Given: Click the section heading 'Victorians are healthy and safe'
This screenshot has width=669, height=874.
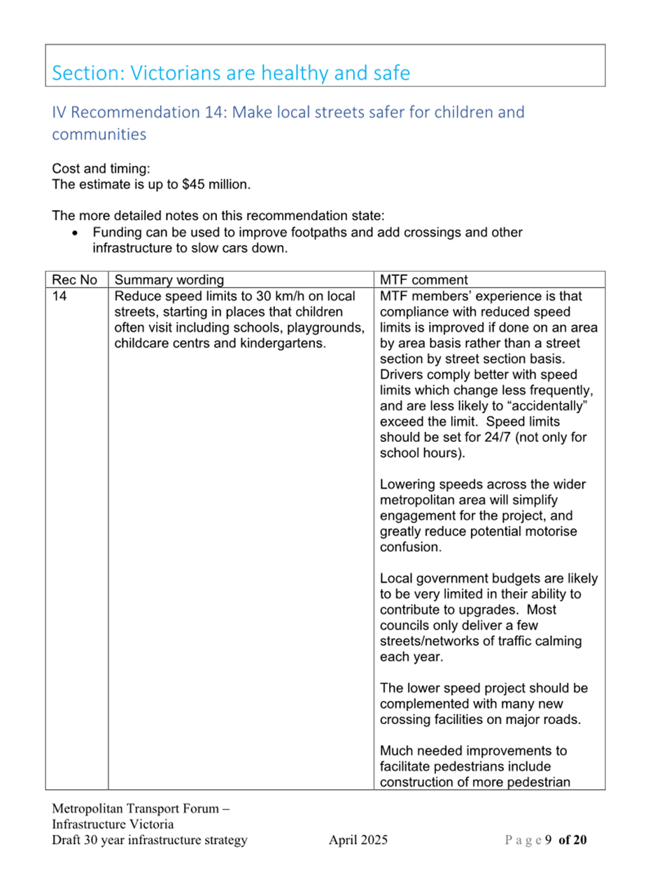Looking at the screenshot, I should (x=270, y=73).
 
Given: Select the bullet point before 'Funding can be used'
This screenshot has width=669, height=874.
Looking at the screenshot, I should (x=76, y=233).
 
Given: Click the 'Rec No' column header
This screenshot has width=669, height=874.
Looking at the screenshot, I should (x=74, y=279).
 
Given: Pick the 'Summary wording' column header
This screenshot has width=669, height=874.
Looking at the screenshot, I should (x=169, y=279).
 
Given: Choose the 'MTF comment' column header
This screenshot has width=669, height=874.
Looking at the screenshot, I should (x=423, y=279).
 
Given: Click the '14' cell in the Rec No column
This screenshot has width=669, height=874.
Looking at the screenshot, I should (x=59, y=296).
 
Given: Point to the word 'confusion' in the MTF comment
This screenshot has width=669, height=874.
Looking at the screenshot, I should (x=409, y=547).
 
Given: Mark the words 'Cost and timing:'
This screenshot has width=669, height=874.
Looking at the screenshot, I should (x=101, y=169).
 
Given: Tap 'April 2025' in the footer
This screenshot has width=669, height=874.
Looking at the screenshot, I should (x=358, y=840).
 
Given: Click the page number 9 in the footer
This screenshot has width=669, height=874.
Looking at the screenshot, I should (x=548, y=840).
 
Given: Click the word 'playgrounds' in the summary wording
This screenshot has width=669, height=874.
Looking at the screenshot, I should (x=325, y=328).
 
